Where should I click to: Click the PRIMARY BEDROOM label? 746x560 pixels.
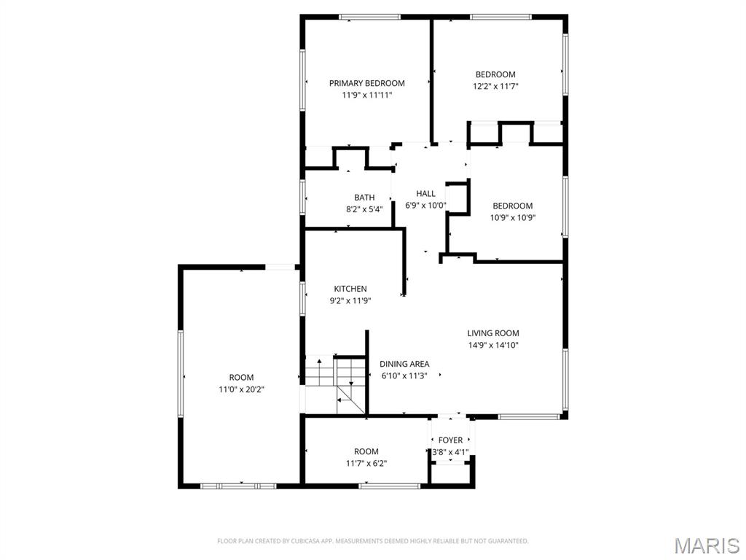pyautogui.click(x=366, y=83)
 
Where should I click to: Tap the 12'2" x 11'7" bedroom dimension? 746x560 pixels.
pyautogui.click(x=495, y=86)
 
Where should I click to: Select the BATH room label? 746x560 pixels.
pyautogui.click(x=364, y=198)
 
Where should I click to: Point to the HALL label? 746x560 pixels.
pyautogui.click(x=425, y=193)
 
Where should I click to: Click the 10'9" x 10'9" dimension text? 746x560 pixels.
pyautogui.click(x=512, y=217)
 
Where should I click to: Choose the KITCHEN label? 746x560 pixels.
pyautogui.click(x=350, y=289)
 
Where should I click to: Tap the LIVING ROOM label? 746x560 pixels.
pyautogui.click(x=493, y=333)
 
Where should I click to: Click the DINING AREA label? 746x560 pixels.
pyautogui.click(x=404, y=364)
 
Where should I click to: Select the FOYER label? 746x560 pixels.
pyautogui.click(x=450, y=440)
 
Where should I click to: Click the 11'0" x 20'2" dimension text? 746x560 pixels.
pyautogui.click(x=241, y=389)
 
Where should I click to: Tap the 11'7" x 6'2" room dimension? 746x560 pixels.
pyautogui.click(x=366, y=464)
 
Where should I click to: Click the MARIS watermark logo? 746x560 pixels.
pyautogui.click(x=706, y=546)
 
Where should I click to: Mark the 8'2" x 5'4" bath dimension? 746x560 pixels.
pyautogui.click(x=364, y=209)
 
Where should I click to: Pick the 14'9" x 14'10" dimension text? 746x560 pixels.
pyautogui.click(x=493, y=346)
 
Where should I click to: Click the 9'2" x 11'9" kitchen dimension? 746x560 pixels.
pyautogui.click(x=350, y=300)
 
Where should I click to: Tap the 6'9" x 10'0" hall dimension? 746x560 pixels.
pyautogui.click(x=425, y=206)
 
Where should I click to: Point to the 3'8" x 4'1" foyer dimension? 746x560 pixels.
pyautogui.click(x=450, y=452)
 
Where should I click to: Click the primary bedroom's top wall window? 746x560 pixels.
pyautogui.click(x=369, y=17)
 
